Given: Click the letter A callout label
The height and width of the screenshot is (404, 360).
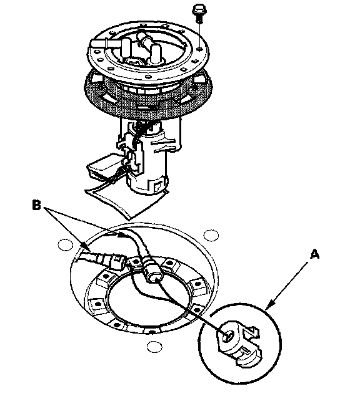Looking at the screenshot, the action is click(314, 254).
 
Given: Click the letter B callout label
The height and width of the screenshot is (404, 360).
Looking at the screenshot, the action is click(36, 206).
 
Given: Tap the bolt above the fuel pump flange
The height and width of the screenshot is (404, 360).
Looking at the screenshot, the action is click(198, 12).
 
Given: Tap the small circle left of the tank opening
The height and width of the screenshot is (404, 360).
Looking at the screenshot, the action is click(65, 244).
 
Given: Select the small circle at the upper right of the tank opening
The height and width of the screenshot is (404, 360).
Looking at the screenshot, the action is click(211, 236).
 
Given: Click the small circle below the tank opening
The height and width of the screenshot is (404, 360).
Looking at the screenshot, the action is click(154, 347).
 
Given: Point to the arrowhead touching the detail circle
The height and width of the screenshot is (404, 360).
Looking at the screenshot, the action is click(269, 305).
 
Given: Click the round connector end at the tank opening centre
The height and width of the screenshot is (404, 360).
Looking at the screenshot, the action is click(153, 274).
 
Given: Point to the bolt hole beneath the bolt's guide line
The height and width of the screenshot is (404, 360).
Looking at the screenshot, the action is click(199, 48).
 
